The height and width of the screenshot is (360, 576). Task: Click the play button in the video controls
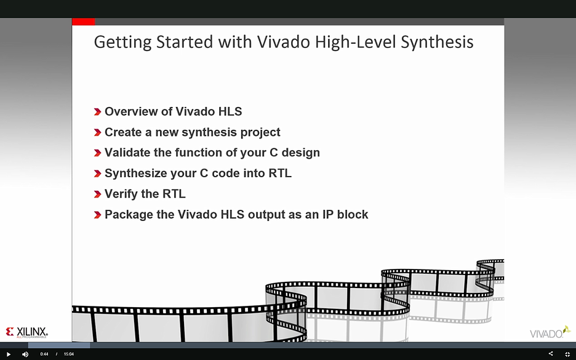tap(9, 354)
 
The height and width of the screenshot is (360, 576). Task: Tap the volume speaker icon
tap(25, 354)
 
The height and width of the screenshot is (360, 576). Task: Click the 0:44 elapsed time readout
tap(44, 354)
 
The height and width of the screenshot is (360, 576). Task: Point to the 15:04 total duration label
tap(69, 354)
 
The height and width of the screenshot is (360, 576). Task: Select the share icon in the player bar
tap(550, 354)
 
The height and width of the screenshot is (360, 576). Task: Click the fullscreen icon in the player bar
tap(567, 354)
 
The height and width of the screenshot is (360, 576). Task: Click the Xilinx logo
tap(27, 332)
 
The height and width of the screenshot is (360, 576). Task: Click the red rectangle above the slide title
tap(83, 22)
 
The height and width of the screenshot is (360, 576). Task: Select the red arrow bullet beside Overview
tap(97, 112)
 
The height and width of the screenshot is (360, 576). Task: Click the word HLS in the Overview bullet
tap(230, 111)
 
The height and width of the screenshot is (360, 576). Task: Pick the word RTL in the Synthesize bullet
tap(280, 173)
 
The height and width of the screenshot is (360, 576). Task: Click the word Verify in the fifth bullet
tap(121, 194)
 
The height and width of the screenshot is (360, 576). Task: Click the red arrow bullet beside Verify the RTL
tap(97, 194)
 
